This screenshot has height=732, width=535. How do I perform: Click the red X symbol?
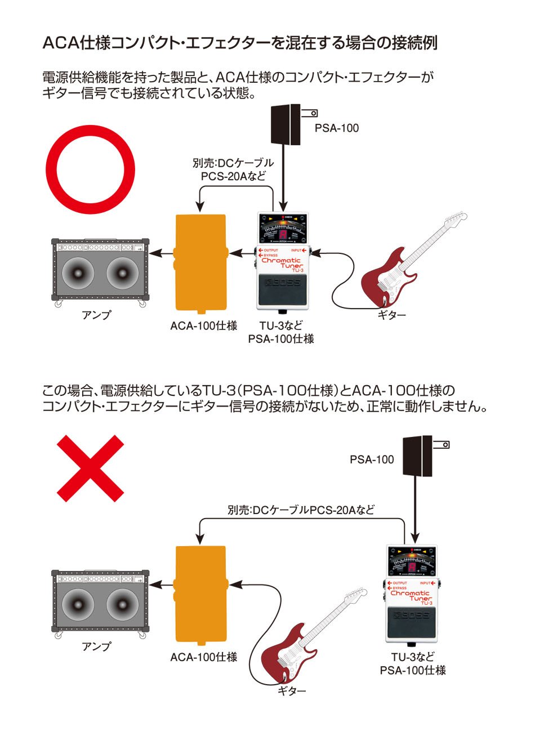pos(90,468)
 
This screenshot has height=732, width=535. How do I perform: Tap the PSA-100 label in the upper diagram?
pos(336,128)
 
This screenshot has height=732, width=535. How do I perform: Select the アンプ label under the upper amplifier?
pos(96,315)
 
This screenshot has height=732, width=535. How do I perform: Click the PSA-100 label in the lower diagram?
pos(372,459)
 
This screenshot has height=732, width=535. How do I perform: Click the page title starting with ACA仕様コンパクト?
pos(240,43)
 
